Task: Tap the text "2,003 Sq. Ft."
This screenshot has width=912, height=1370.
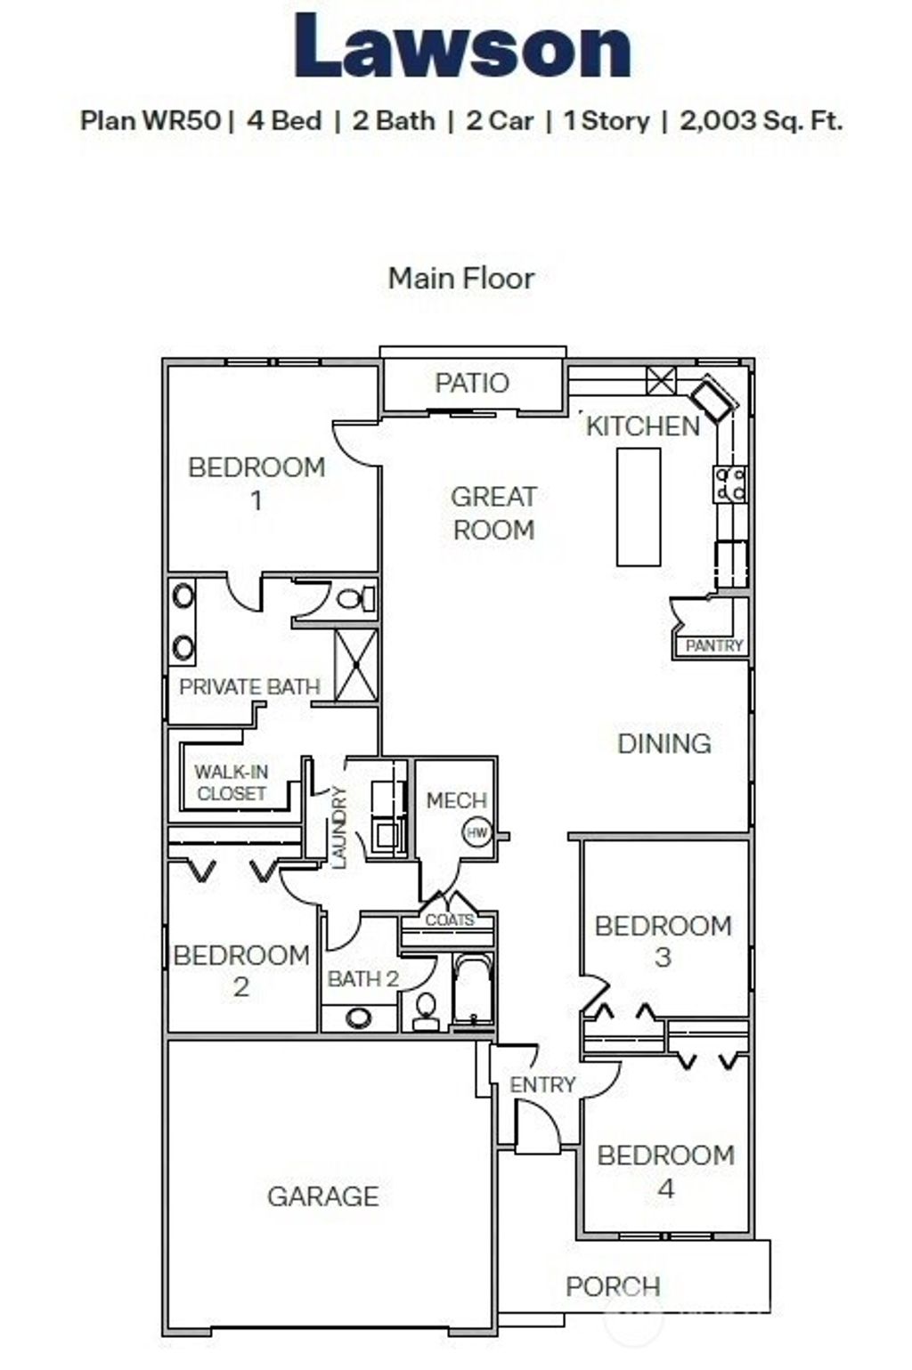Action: [x=761, y=120]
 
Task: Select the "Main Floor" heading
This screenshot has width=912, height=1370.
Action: [x=460, y=278]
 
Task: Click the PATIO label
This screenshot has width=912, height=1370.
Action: [x=471, y=383]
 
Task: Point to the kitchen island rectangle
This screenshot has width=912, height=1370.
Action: [x=639, y=507]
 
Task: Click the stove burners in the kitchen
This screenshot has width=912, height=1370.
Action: [x=729, y=484]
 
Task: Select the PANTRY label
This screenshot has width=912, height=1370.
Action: [x=714, y=645]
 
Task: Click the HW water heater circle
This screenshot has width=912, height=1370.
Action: [x=476, y=833]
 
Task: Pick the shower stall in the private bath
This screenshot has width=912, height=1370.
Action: [x=355, y=665]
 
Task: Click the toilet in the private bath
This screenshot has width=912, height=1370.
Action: [x=356, y=598]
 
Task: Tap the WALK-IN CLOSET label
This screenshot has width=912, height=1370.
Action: [x=231, y=782]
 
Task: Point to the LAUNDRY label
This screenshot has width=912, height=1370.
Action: [x=338, y=826]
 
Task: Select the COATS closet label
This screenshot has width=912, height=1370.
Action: [x=449, y=920]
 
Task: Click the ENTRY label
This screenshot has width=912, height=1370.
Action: [x=541, y=1084]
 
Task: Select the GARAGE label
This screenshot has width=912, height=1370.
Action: [x=322, y=1196]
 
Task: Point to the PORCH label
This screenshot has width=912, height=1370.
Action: [x=613, y=1285]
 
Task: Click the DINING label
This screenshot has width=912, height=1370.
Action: [x=664, y=743]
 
